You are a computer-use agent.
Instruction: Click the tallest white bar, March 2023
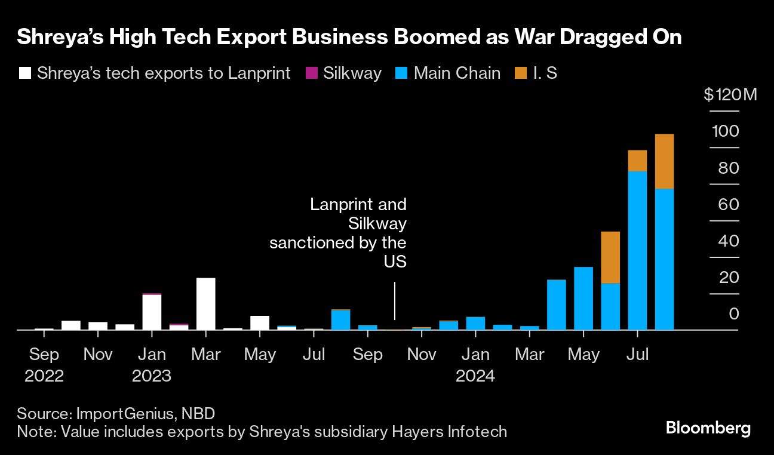click(205, 303)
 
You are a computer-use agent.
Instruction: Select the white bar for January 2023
click(152, 312)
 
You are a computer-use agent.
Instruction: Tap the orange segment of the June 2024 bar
click(610, 257)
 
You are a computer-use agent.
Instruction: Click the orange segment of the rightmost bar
click(664, 161)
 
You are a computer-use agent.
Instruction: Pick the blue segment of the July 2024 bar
click(637, 250)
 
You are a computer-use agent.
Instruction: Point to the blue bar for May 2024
click(583, 298)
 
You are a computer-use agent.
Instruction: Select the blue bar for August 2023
click(340, 320)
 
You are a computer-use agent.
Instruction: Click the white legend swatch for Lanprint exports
click(24, 73)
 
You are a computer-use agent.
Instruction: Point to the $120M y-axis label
click(730, 95)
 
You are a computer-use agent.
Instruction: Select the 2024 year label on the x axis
click(475, 376)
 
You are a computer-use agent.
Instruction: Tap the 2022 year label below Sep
click(44, 376)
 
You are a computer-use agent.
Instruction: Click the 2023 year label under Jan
click(152, 376)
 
